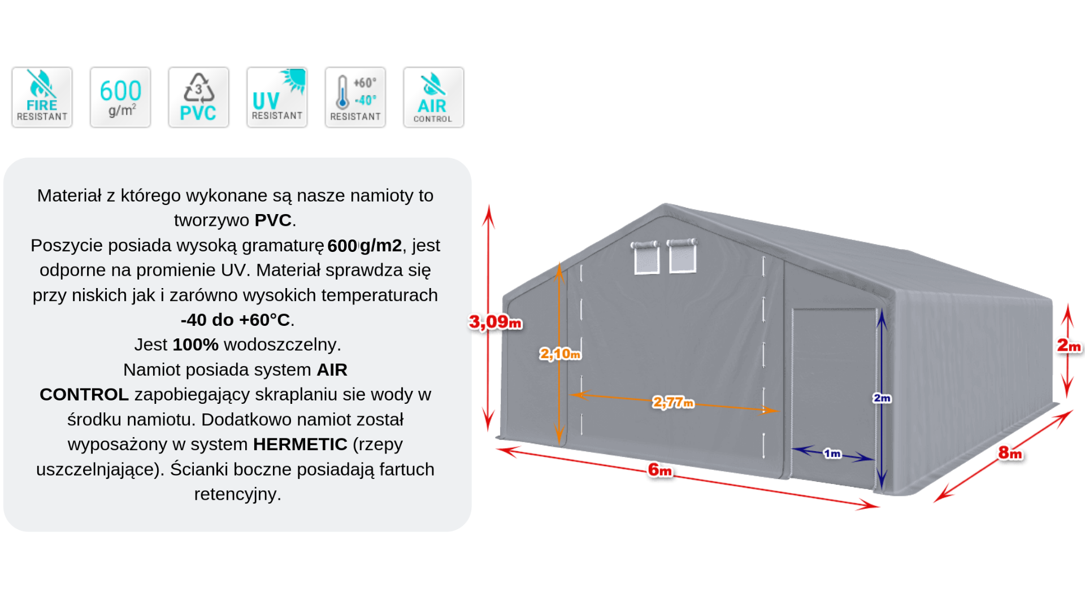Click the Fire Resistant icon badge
pyautogui.click(x=42, y=97)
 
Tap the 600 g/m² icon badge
pyautogui.click(x=120, y=97)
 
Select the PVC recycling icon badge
pyautogui.click(x=198, y=97)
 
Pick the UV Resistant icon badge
pyautogui.click(x=277, y=97)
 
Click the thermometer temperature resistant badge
pyautogui.click(x=355, y=97)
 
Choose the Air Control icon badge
pyautogui.click(x=433, y=97)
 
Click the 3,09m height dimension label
pyautogui.click(x=495, y=322)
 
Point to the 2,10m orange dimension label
pyautogui.click(x=559, y=354)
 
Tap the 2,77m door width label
pyautogui.click(x=672, y=402)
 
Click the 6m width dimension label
pyautogui.click(x=659, y=469)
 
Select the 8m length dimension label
pyautogui.click(x=1010, y=452)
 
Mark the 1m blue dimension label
pyautogui.click(x=832, y=454)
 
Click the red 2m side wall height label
pyautogui.click(x=1069, y=345)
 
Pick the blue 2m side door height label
pyautogui.click(x=882, y=398)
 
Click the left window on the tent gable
pyautogui.click(x=646, y=259)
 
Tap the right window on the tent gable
pyautogui.click(x=682, y=257)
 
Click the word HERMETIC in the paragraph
pyautogui.click(x=300, y=445)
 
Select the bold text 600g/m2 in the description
pyautogui.click(x=364, y=246)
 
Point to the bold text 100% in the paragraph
pyautogui.click(x=196, y=345)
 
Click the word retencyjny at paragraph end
pyautogui.click(x=237, y=494)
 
